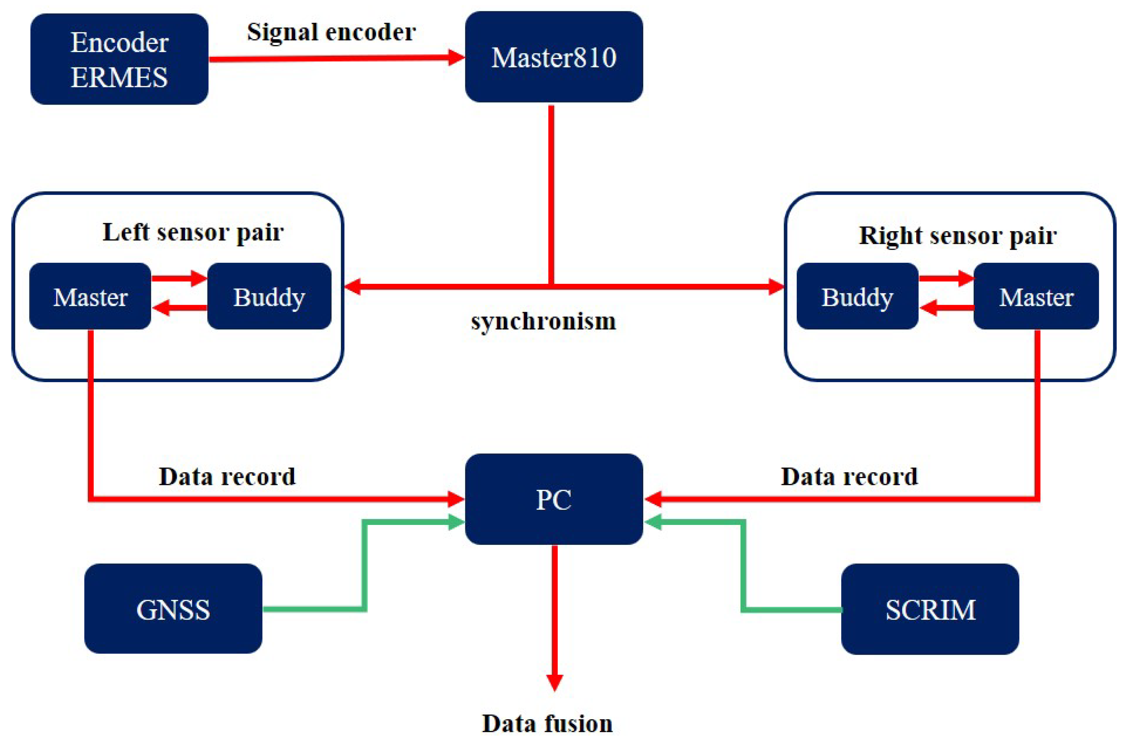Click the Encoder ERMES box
[x=119, y=59]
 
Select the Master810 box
[x=554, y=57]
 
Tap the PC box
[x=554, y=499]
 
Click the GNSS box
[x=173, y=609]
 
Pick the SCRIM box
[x=930, y=609]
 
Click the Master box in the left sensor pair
[x=90, y=297]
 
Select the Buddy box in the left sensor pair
[x=269, y=297]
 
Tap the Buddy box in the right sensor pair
[x=857, y=297]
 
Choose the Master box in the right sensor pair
[x=1036, y=297]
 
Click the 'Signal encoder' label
[x=331, y=32]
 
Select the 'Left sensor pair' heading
[x=193, y=232]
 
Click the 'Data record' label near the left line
[x=227, y=476]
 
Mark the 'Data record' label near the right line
[x=849, y=476]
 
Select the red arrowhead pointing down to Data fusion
[x=554, y=682]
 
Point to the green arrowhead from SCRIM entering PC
[x=652, y=522]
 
